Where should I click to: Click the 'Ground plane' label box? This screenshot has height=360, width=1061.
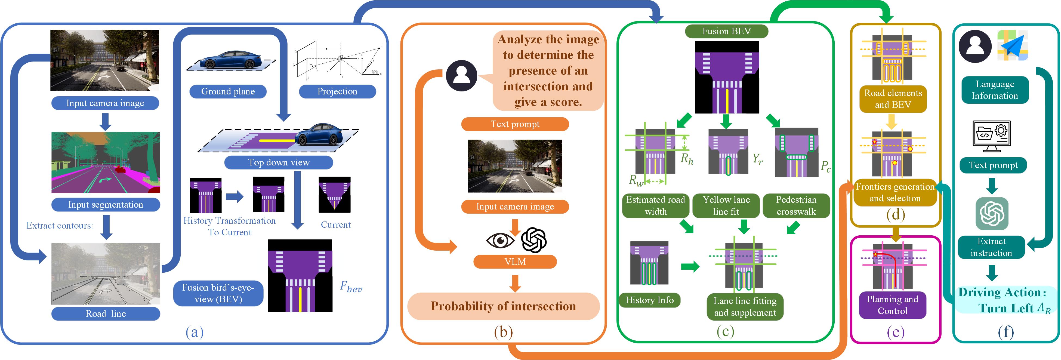point(228,91)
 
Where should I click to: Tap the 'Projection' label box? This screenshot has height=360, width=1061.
point(337,91)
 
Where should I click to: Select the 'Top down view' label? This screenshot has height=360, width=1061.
point(278,162)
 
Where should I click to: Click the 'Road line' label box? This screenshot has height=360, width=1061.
point(106,313)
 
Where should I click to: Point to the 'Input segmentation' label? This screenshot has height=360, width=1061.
point(106,204)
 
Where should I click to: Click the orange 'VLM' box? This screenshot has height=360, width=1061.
point(515,261)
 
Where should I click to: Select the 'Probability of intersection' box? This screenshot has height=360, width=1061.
point(503,306)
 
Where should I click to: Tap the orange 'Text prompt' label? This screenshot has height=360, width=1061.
point(515,124)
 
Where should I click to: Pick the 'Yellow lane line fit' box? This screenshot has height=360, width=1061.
point(726,205)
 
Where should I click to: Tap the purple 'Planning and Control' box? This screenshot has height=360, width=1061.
point(892,305)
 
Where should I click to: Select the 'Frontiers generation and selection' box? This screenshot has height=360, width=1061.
point(895,192)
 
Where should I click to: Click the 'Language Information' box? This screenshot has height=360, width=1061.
point(994,90)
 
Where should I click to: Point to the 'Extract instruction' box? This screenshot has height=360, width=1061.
point(991,247)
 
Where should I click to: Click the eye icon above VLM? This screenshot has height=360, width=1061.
point(500,240)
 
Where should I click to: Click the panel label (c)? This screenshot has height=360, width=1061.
point(725,332)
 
